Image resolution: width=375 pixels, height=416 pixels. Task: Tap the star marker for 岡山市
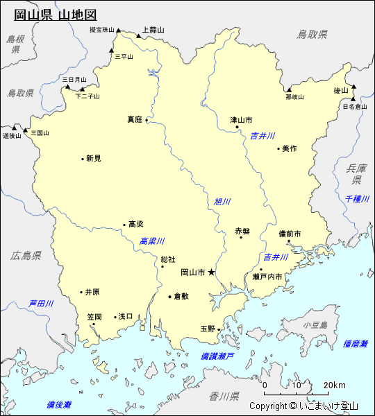pos(212,272)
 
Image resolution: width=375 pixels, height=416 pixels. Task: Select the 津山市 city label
pos(242,120)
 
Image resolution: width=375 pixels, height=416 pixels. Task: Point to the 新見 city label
pos(94,158)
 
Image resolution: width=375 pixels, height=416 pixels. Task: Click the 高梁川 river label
pos(152,241)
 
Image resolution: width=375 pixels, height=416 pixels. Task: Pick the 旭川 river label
pos(222,202)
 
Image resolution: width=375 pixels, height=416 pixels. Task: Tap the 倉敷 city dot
pos(169,296)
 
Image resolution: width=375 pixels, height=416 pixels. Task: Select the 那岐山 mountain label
pos(294,97)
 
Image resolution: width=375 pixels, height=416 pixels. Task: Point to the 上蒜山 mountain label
pos(153,30)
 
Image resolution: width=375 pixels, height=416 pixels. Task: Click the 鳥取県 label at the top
pos(312,34)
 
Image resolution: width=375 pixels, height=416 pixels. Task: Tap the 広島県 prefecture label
pos(26,255)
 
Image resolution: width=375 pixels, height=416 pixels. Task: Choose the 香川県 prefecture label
pos(224,397)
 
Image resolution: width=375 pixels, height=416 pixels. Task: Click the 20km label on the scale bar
pos(335,385)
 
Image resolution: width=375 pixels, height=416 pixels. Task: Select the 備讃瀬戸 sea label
pos(217,355)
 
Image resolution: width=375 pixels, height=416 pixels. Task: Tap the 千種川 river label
pos(358,199)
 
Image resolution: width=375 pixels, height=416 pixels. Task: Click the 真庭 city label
pos(134,119)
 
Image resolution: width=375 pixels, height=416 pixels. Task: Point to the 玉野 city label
pos(208,329)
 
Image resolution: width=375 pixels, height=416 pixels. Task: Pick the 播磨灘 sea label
pos(355,343)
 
